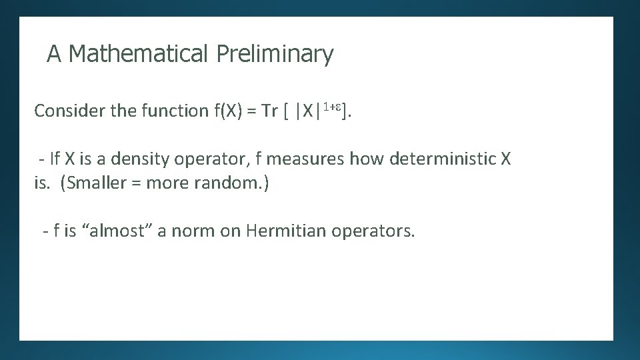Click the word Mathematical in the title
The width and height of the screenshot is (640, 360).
[x=139, y=53]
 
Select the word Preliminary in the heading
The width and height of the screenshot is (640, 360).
[x=275, y=53]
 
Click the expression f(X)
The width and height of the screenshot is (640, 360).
[x=228, y=111]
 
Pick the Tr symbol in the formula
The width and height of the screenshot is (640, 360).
[x=269, y=111]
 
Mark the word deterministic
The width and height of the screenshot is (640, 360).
[x=443, y=159]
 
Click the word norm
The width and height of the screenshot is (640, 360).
[x=193, y=231]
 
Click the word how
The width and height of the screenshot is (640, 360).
[x=367, y=159]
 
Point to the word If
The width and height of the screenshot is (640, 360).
[x=55, y=159]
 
